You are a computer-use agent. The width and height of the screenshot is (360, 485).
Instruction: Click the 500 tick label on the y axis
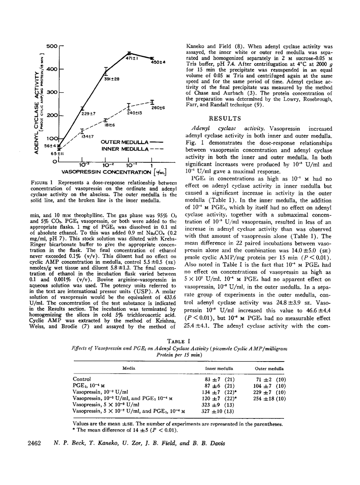tap(51, 46)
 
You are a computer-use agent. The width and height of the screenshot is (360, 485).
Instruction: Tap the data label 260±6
tap(158, 108)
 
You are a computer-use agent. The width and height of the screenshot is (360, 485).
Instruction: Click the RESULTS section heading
tap(225, 118)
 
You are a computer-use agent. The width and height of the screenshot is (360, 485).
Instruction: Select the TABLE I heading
tap(179, 340)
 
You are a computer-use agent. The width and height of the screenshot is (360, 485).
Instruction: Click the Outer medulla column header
tap(269, 368)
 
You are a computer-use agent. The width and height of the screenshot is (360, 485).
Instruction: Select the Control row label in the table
tap(82, 379)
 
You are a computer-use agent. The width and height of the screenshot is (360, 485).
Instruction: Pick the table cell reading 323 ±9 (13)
tap(219, 405)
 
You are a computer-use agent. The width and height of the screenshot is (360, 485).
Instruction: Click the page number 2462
tap(35, 443)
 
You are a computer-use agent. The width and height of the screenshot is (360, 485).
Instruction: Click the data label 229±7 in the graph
tap(88, 114)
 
